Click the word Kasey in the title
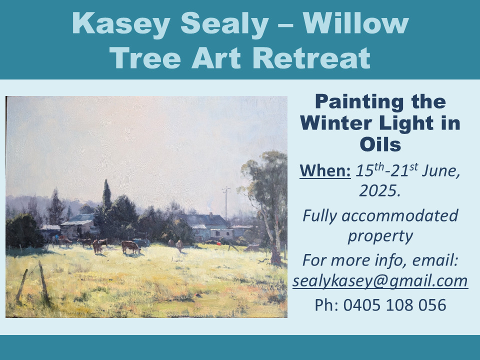121,24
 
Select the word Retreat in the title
311,58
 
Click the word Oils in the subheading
380,144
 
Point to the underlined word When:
325,170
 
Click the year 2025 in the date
380,190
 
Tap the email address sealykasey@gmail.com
380,280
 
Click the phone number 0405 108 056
394,305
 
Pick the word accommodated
400,215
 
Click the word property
380,236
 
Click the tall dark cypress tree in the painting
106,195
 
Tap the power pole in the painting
226,203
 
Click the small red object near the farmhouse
218,243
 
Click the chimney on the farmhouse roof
211,215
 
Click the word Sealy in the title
224,24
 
